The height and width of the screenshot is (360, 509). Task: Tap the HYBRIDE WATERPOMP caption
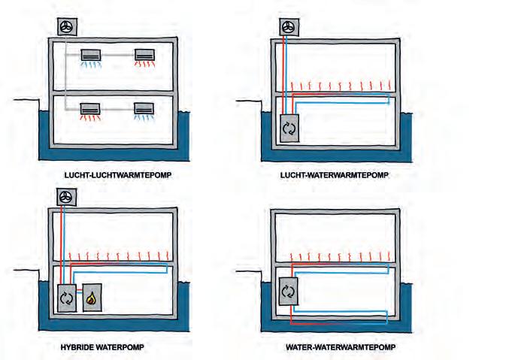point(101,347)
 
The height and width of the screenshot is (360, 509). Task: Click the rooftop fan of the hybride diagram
point(66,197)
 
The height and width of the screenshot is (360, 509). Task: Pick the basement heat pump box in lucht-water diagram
point(289,128)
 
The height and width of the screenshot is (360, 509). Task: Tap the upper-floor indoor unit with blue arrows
point(93,54)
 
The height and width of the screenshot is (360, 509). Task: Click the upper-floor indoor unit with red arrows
point(146,54)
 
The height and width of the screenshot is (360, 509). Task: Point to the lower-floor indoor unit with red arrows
point(93,108)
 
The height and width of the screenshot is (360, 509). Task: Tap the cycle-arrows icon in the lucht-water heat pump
point(289,129)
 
